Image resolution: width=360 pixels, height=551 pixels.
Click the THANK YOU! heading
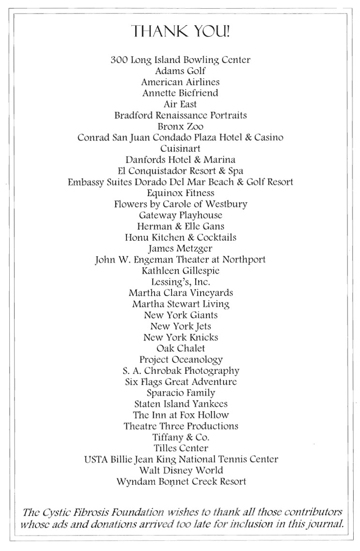180,31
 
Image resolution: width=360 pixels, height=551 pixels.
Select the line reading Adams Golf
180,71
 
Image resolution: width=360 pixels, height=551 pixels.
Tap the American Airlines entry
180,82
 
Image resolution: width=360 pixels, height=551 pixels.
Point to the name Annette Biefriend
180,93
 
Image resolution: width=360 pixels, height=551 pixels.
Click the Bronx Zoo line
180,126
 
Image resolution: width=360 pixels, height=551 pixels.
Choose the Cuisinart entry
180,149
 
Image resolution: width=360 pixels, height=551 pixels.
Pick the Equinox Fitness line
180,193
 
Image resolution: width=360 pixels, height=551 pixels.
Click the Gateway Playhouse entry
180,215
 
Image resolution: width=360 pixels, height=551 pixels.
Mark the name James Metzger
180,248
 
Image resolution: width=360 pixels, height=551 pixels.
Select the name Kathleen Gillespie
180,271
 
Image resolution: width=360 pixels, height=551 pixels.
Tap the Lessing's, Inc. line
180,282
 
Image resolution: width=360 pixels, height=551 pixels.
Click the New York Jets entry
180,326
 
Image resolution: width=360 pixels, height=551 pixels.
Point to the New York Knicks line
180,337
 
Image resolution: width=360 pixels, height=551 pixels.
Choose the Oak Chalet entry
180,348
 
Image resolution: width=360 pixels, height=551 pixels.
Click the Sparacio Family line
180,393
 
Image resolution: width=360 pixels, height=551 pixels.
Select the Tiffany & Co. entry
180,437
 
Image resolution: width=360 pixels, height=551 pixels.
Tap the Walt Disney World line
180,471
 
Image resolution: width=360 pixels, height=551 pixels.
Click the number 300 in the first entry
119,60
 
